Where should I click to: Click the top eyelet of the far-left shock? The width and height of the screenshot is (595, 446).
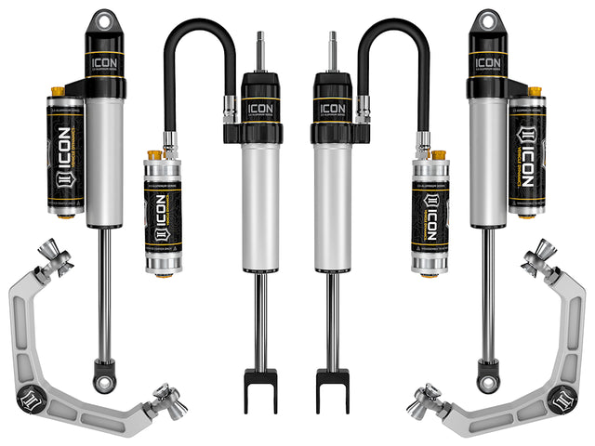[103, 21]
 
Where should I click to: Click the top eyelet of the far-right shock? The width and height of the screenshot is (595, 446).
[486, 21]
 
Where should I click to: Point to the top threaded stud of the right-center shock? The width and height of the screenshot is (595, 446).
[331, 46]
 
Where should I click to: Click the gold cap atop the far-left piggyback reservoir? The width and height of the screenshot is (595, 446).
[57, 92]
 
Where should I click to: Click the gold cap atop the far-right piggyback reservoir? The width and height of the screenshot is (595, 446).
[535, 92]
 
